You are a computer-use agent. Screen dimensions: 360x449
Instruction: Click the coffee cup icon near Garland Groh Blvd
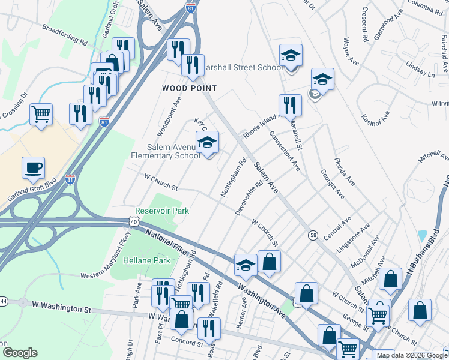click(x=33, y=167)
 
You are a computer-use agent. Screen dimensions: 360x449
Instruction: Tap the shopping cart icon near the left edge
click(x=41, y=114)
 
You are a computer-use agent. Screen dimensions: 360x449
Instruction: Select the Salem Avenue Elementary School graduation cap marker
click(x=207, y=142)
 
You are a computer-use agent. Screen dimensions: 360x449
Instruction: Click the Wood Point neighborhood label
click(x=189, y=88)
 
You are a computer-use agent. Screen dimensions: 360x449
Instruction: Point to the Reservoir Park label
click(x=162, y=211)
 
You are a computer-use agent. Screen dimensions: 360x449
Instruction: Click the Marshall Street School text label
click(x=244, y=67)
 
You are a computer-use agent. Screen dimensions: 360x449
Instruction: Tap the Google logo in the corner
click(x=19, y=352)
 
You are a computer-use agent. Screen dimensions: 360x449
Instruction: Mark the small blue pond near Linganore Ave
click(x=422, y=236)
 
